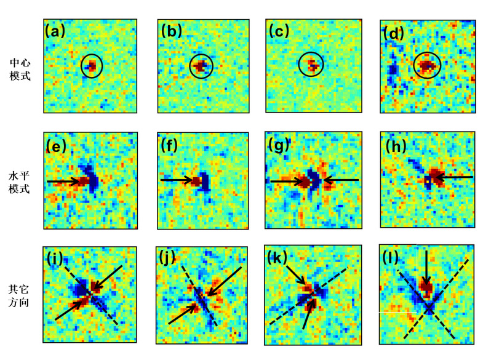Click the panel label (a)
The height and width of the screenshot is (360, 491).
[55, 31]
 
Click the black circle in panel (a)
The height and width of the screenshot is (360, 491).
[92, 66]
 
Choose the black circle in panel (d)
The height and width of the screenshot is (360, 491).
[427, 65]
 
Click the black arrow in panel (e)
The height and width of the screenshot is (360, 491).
[68, 181]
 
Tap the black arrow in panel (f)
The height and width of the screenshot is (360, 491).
[179, 181]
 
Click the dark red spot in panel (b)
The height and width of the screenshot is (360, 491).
[201, 65]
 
